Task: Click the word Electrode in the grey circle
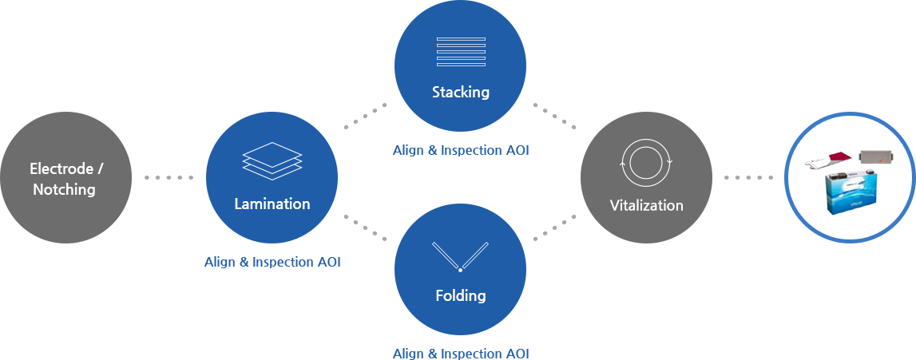[61, 169]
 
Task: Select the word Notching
[64, 190]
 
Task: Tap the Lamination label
[272, 204]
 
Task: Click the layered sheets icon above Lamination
[272, 161]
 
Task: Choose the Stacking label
[461, 92]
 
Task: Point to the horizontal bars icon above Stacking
[461, 52]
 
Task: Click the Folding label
[461, 295]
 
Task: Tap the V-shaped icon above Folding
[460, 257]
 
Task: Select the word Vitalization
[647, 205]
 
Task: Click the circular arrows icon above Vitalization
[646, 161]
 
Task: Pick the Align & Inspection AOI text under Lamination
[272, 262]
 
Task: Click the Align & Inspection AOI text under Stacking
[461, 150]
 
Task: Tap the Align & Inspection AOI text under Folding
[461, 354]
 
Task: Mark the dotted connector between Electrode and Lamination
[169, 177]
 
